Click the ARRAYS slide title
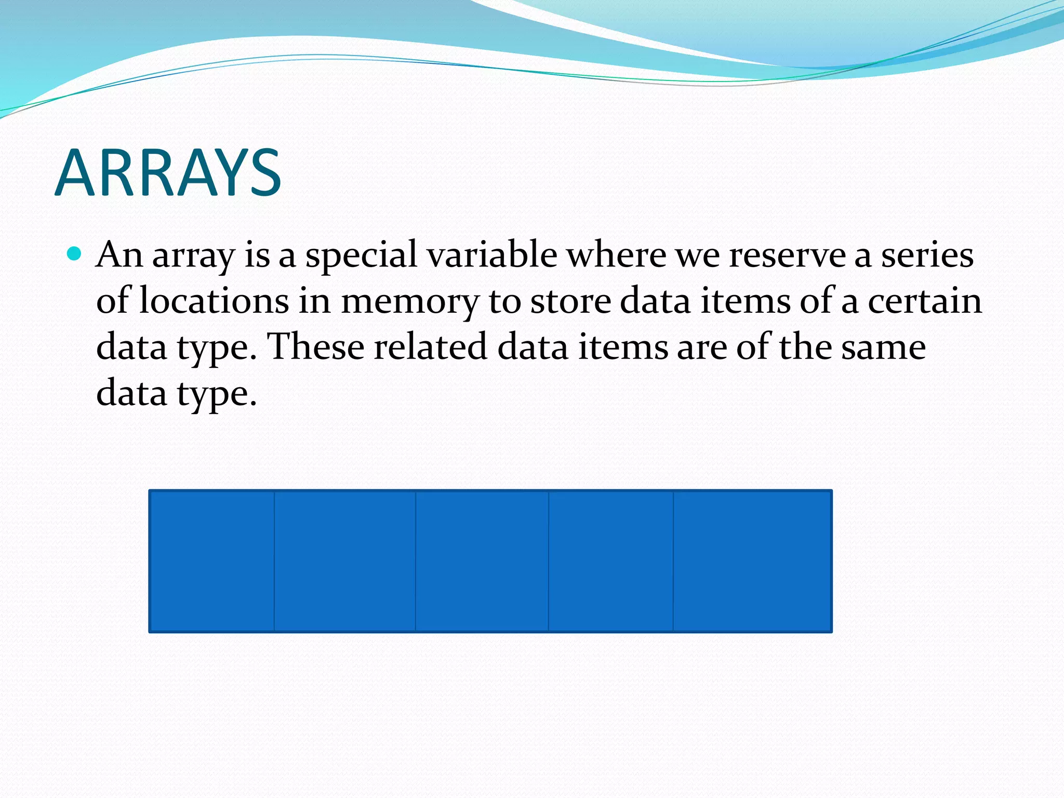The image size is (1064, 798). click(x=168, y=173)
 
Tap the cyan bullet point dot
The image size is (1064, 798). click(x=75, y=254)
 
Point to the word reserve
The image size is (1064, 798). click(x=787, y=255)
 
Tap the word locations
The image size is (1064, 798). click(x=214, y=301)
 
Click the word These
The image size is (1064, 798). click(x=315, y=347)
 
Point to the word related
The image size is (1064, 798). click(x=431, y=347)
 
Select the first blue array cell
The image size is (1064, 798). click(x=212, y=561)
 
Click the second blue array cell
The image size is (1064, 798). click(x=345, y=561)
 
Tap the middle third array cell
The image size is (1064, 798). click(x=482, y=561)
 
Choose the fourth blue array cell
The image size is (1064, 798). click(x=611, y=561)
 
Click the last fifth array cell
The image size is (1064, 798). click(x=752, y=561)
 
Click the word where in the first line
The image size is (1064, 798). click(x=616, y=255)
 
